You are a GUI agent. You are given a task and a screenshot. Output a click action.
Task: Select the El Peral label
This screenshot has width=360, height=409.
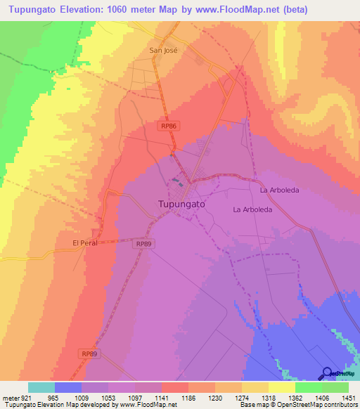84,243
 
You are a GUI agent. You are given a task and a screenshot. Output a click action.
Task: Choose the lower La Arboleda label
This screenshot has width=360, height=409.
252,209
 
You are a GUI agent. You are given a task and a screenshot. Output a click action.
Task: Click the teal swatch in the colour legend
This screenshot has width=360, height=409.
41,387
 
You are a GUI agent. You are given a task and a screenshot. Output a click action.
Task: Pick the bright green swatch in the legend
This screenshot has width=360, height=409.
308,387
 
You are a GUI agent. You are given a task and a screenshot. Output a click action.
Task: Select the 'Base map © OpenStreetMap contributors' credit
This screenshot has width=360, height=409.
298,405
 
